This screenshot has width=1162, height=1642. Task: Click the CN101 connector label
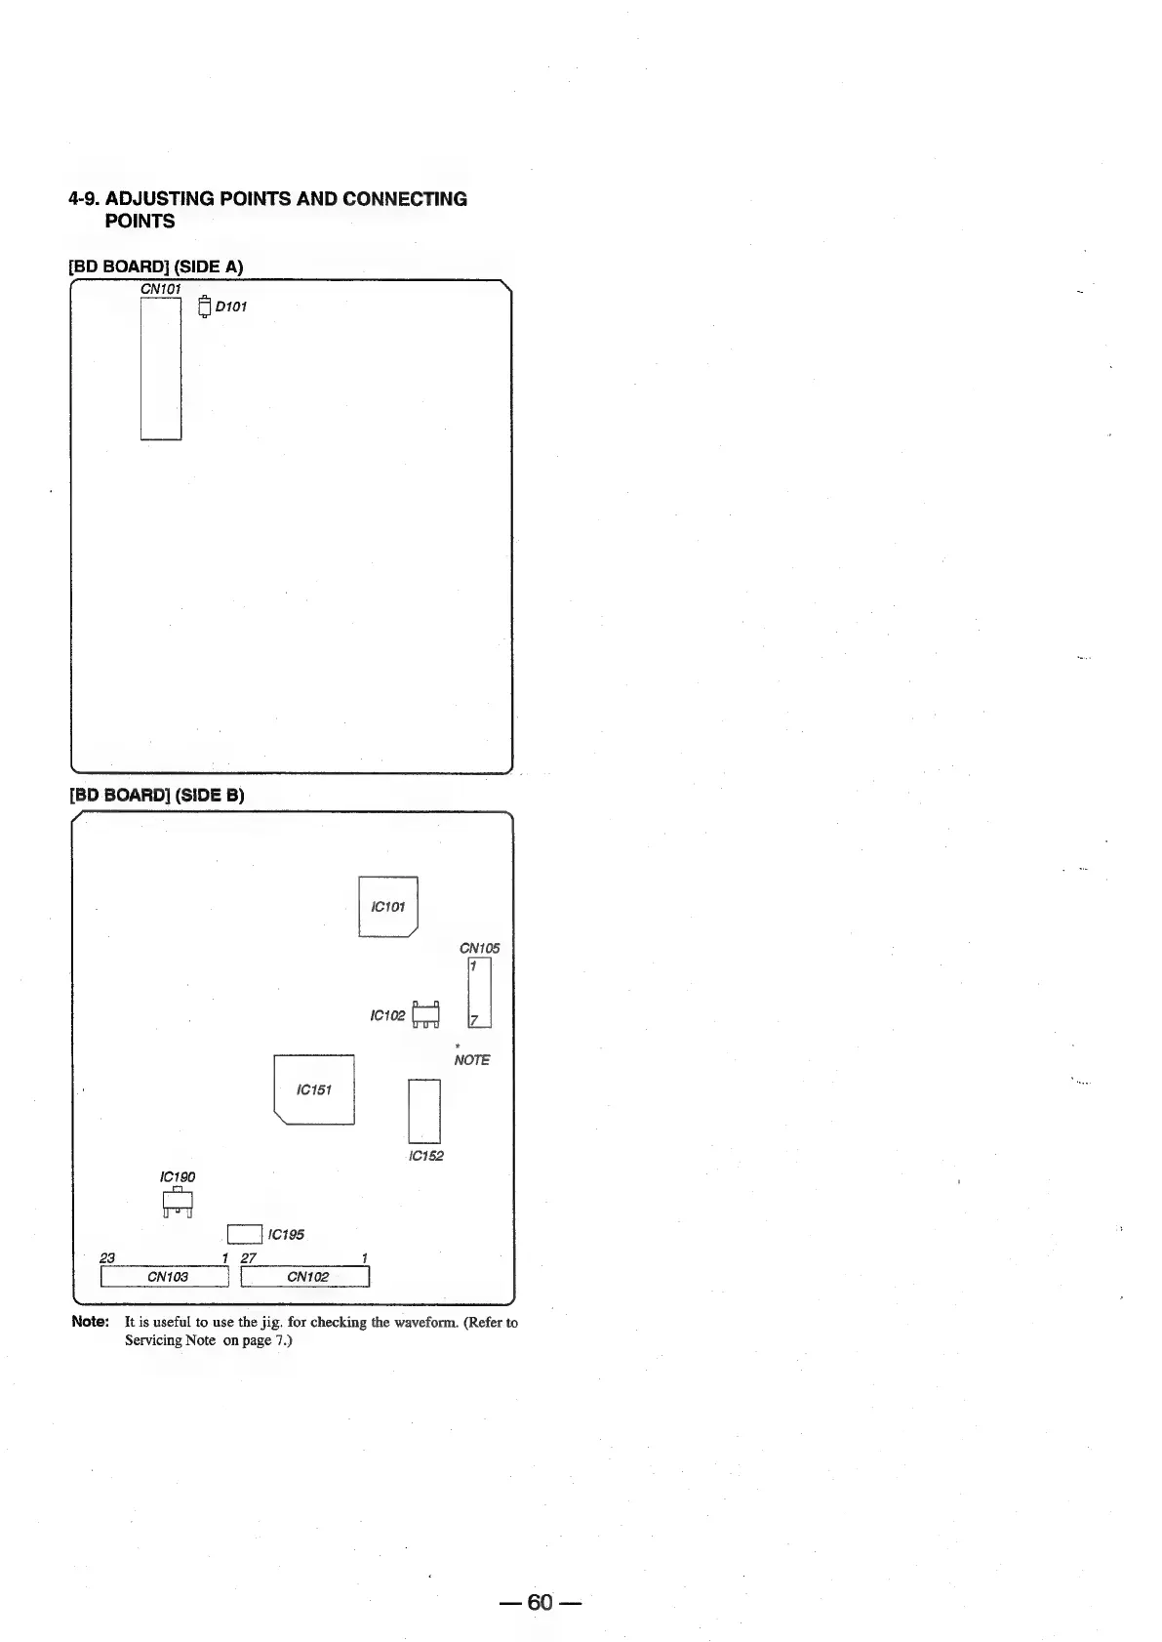(161, 289)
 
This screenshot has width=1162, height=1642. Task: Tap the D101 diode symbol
(204, 307)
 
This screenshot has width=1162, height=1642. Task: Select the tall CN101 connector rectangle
(161, 368)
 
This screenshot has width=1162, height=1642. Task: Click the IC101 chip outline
(388, 907)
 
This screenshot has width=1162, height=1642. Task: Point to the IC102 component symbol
(427, 1015)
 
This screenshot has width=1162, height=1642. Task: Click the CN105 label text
(479, 948)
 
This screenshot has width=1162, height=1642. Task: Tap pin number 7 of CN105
(475, 1021)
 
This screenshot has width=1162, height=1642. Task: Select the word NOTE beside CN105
(472, 1060)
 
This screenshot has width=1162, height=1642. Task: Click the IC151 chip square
(314, 1089)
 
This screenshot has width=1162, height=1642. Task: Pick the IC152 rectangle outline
(424, 1111)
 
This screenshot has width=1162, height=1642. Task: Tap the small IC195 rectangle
(244, 1235)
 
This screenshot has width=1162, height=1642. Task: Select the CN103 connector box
(165, 1277)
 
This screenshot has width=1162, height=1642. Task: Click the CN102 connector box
(305, 1277)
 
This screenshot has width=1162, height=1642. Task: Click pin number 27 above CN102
(248, 1258)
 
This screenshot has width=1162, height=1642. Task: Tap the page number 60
(541, 1602)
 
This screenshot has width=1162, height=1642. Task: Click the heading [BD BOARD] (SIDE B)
(156, 795)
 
